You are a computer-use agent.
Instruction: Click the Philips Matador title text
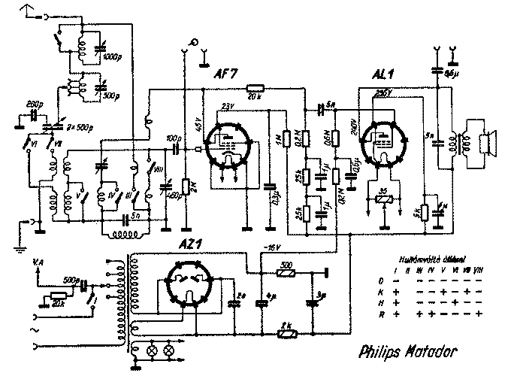[x=404, y=350]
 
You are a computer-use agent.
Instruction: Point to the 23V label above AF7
[x=229, y=106]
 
